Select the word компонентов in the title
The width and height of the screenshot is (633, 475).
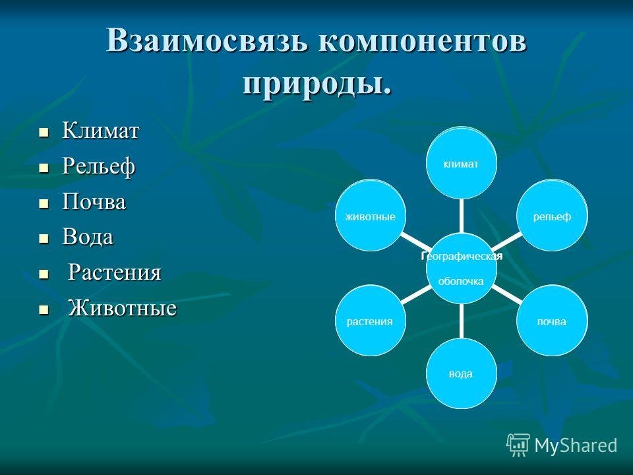coord(423,40)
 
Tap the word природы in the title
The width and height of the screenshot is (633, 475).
coord(313,84)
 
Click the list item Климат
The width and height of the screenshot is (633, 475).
coord(100,131)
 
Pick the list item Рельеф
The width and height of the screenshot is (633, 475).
coord(98,166)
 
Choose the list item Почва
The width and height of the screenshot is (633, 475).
coord(94,201)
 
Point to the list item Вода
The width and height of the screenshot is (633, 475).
coord(88,237)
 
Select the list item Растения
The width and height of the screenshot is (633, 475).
coord(115,272)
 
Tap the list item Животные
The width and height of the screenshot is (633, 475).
coord(122,307)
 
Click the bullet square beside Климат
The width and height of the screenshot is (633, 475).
coord(44,132)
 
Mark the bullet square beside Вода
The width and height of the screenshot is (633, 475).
coord(44,238)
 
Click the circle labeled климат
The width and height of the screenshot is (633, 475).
coord(462,163)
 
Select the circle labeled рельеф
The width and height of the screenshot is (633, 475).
coord(553,215)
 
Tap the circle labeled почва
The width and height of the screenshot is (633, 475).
coord(553,321)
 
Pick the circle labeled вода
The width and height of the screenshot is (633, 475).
coord(462,373)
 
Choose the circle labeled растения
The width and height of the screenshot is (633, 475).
coord(371,321)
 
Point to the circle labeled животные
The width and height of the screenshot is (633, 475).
coord(371,215)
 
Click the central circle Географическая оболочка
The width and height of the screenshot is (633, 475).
coord(462,268)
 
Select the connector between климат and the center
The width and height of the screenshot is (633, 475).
coord(462,216)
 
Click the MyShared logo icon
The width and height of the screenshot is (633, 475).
coord(518,445)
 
